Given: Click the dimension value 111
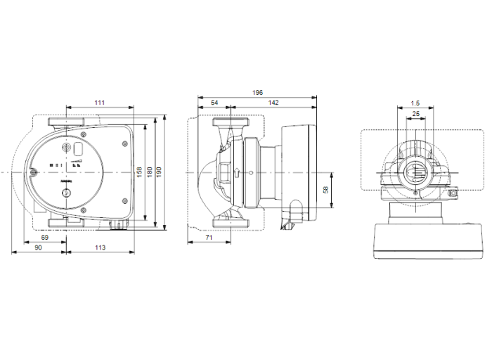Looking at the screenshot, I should click(99, 103).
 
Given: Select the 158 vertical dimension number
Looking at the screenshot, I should click(140, 171).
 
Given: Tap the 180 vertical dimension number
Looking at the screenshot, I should click(149, 171).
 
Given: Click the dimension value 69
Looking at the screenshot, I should click(44, 238).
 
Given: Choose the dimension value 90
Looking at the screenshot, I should click(38, 248).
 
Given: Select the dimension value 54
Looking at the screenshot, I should click(214, 103).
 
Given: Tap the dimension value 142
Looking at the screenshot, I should click(273, 103).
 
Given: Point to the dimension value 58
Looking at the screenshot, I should click(325, 190).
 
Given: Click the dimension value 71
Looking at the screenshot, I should click(209, 239).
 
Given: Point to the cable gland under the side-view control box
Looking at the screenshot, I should click(289, 225).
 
